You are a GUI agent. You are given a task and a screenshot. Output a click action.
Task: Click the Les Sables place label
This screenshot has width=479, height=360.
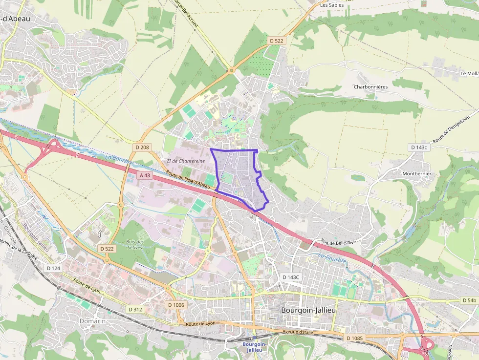[332, 5]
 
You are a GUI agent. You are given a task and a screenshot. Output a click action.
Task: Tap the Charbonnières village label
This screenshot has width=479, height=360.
[370, 86]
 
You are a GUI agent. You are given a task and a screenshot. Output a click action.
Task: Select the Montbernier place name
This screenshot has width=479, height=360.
[416, 173]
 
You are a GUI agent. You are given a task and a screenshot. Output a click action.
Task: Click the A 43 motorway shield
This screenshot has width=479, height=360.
[145, 175]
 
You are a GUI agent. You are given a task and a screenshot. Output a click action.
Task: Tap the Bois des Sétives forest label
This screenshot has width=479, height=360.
[135, 244]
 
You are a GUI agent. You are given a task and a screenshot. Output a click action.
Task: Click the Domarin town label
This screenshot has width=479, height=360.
[92, 321]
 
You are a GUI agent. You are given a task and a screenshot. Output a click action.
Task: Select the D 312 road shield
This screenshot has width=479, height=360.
[135, 309]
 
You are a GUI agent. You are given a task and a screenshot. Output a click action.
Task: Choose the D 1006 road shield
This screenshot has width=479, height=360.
[176, 305]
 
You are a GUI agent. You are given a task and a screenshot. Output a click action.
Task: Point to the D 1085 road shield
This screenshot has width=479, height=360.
[355, 338]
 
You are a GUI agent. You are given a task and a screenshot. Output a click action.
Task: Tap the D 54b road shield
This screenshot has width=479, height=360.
[468, 300]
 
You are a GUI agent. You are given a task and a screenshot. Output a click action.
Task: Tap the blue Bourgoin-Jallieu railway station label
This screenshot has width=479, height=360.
[255, 347]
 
